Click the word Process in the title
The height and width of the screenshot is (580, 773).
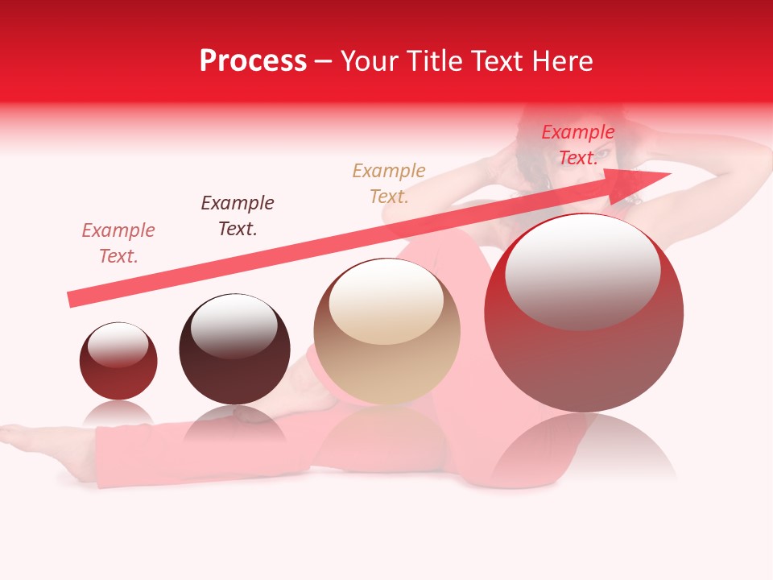tap(253, 61)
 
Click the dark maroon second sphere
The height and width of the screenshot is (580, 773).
tap(234, 350)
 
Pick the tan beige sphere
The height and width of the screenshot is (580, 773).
tap(387, 332)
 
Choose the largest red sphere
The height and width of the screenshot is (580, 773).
tap(584, 314)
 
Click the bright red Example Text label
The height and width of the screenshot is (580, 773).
tap(577, 145)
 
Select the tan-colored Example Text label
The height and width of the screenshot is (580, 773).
tap(389, 184)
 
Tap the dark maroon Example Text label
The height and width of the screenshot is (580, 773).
tap(238, 216)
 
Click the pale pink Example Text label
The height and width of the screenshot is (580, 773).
tap(118, 243)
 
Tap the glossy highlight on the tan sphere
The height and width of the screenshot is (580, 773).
tap(386, 300)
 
